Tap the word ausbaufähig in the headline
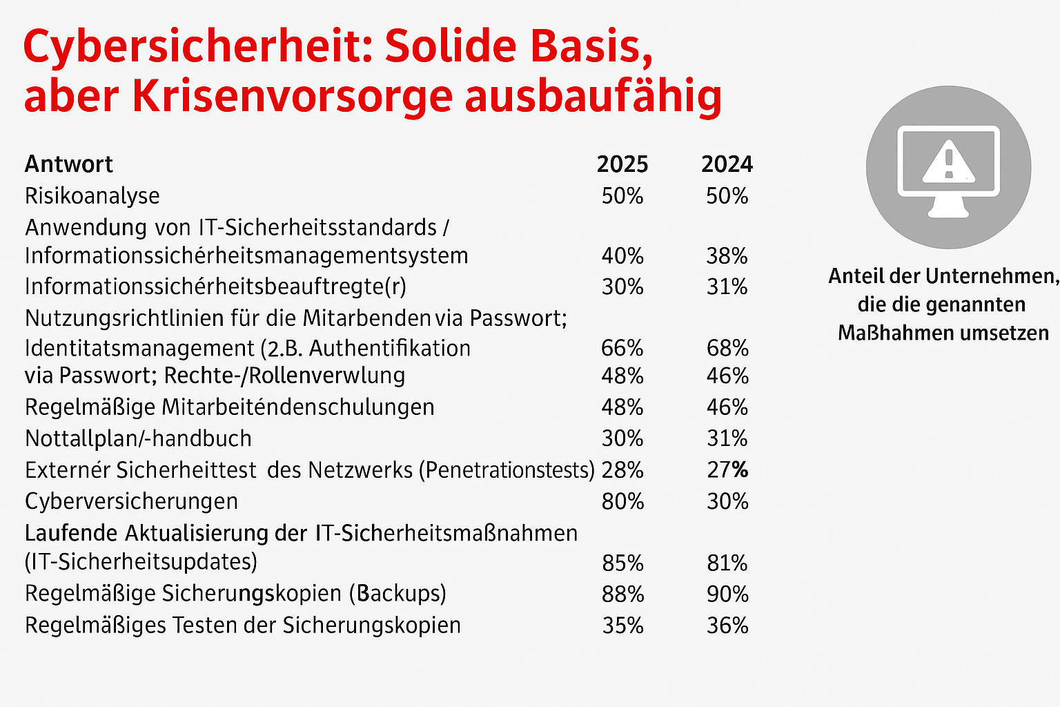(593, 97)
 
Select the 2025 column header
(622, 164)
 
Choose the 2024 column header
(727, 164)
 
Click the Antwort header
(68, 164)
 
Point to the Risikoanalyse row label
(92, 196)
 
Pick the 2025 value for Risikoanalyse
(622, 196)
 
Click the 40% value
(622, 256)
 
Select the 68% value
(727, 348)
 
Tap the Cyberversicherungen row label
(131, 501)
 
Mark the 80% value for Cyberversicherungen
(622, 501)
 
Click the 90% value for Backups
(727, 594)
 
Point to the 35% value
(622, 626)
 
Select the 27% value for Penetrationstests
(727, 470)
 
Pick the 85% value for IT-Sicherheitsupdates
(622, 563)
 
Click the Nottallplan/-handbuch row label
(138, 438)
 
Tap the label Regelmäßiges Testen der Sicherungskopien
(242, 626)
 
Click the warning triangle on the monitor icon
(948, 162)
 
